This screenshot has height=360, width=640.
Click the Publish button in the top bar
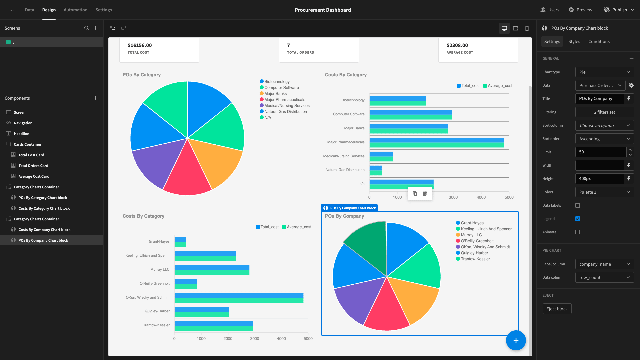coord(619,10)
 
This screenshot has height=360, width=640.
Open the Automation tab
coord(75,10)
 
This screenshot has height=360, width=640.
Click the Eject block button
coord(557,309)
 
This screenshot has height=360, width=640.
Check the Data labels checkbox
coord(578,205)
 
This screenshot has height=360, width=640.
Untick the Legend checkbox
coord(578,219)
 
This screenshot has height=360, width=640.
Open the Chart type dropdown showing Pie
coord(604,72)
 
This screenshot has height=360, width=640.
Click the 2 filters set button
coord(604,112)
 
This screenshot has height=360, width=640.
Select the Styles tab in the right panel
coord(574,41)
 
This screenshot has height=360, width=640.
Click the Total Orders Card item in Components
coord(33,166)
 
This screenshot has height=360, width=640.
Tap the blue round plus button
coord(516,340)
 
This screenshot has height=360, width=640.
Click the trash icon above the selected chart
coord(425,193)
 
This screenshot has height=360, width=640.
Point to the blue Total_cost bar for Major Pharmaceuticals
coord(437,140)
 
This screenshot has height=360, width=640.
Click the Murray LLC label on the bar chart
coord(160,269)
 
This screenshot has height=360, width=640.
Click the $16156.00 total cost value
coord(140,45)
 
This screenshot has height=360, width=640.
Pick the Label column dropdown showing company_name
coord(604,264)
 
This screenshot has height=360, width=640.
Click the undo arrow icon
coord(113,28)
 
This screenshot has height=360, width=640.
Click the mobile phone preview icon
coord(527,28)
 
